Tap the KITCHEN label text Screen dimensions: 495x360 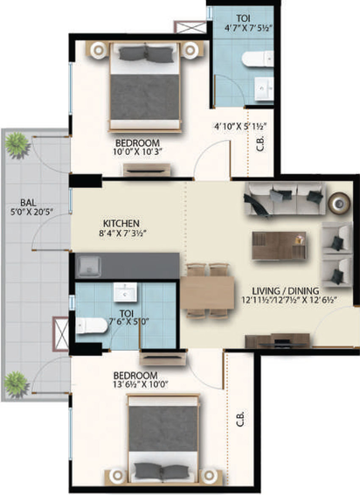click(122, 223)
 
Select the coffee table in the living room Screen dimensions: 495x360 click(279, 244)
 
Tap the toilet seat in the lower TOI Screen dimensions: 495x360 click(89, 325)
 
